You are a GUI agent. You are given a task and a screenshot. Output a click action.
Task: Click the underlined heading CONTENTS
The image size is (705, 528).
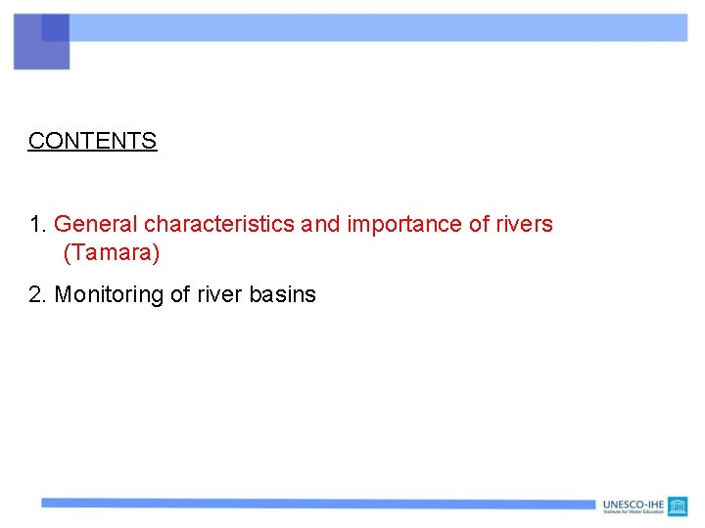coord(92,141)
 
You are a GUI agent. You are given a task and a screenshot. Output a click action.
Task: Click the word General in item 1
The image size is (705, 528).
coord(96,224)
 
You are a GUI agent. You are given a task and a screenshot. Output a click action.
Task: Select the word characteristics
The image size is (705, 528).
coord(220,224)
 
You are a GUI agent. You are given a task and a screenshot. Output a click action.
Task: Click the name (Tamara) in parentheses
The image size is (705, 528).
coord(111,253)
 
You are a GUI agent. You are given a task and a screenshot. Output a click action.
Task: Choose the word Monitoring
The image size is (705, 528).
coord(109,294)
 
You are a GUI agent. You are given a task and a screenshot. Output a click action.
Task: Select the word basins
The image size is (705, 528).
coord(283,294)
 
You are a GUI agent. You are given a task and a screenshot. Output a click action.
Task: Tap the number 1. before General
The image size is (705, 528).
coord(38,224)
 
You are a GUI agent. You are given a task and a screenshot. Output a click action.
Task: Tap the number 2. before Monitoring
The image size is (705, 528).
coord(38,294)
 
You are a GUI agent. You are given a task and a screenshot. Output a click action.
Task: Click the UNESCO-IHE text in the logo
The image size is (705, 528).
coord(633,504)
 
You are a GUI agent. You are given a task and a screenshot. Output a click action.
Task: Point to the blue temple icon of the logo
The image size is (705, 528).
coord(678,506)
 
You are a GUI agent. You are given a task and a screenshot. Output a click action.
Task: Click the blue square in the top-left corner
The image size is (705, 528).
coord(42,42)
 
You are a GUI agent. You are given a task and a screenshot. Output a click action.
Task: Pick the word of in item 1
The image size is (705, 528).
coord(479,224)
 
